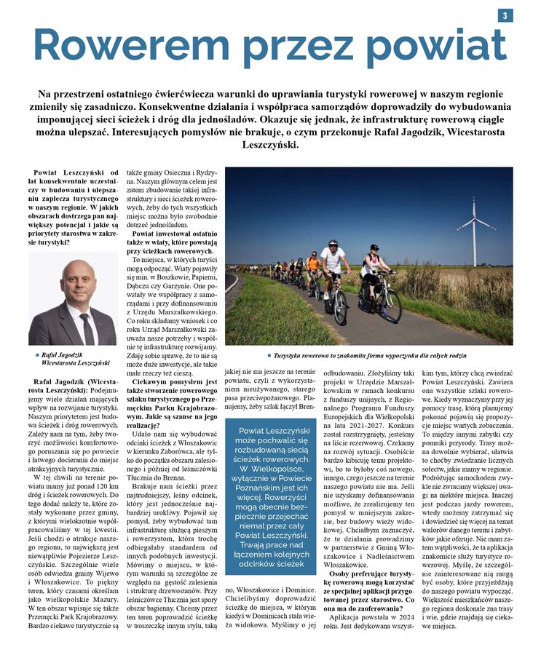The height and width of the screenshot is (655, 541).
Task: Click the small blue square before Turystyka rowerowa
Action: coord(269,356)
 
